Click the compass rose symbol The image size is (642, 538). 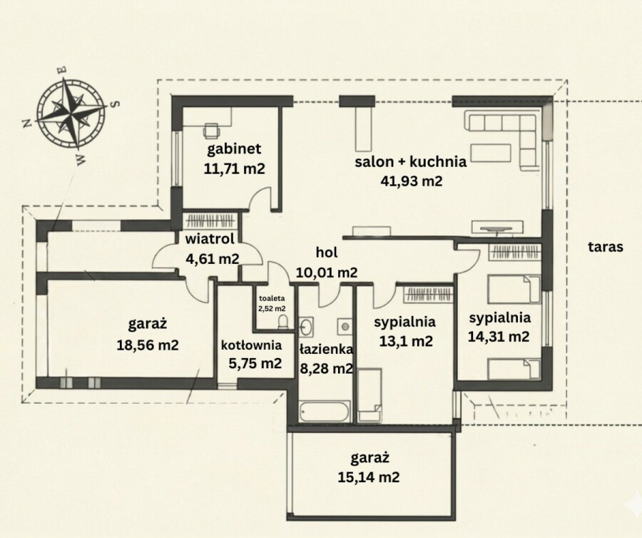tap(71, 113)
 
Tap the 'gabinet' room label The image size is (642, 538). tap(234, 148)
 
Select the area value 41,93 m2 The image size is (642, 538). tap(412, 181)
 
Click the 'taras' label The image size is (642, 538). tap(606, 247)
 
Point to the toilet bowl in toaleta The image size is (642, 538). tap(282, 322)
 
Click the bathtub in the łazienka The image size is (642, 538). tap(325, 412)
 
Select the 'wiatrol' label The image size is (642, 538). tap(210, 239)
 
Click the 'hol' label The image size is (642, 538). tap(327, 253)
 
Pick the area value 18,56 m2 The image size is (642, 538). tap(148, 345)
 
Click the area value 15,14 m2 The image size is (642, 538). tap(369, 477)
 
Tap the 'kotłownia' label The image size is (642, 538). tap(251, 345)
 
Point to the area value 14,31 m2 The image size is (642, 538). tap(499, 337)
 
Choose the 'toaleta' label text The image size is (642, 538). tap(272, 298)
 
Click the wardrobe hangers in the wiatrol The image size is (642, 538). tap(210, 220)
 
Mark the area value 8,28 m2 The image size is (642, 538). tap(326, 368)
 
